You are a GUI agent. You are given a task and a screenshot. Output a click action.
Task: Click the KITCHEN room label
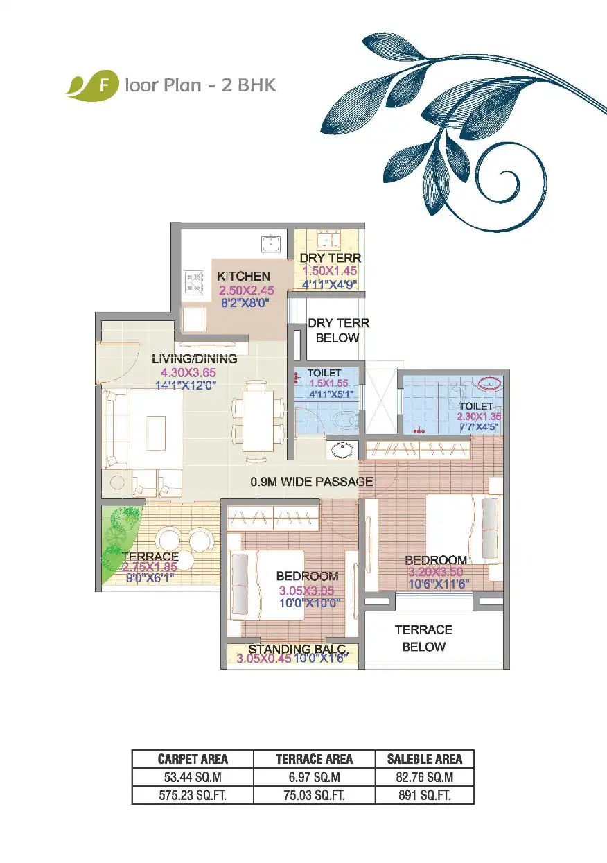243,277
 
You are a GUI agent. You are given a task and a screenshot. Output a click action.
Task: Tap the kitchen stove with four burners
194,282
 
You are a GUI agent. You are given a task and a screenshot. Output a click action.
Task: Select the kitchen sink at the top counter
270,243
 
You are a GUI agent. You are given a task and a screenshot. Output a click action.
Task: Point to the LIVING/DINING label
194,359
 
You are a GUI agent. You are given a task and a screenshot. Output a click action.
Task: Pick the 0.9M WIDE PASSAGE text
312,481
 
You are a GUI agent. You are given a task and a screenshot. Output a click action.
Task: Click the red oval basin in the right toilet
491,383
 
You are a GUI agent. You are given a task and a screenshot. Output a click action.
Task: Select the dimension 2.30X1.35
478,417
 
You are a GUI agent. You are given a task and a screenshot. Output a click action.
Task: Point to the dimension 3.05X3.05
307,591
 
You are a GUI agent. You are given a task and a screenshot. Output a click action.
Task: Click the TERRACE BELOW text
423,638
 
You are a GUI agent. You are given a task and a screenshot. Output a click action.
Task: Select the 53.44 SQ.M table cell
193,778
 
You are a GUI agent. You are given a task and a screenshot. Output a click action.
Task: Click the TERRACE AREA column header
315,759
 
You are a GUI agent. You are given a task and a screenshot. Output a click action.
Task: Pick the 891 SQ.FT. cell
425,796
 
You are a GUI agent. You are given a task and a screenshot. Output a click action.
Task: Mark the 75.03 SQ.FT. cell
315,796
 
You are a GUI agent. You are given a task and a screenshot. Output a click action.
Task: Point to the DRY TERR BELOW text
338,331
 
